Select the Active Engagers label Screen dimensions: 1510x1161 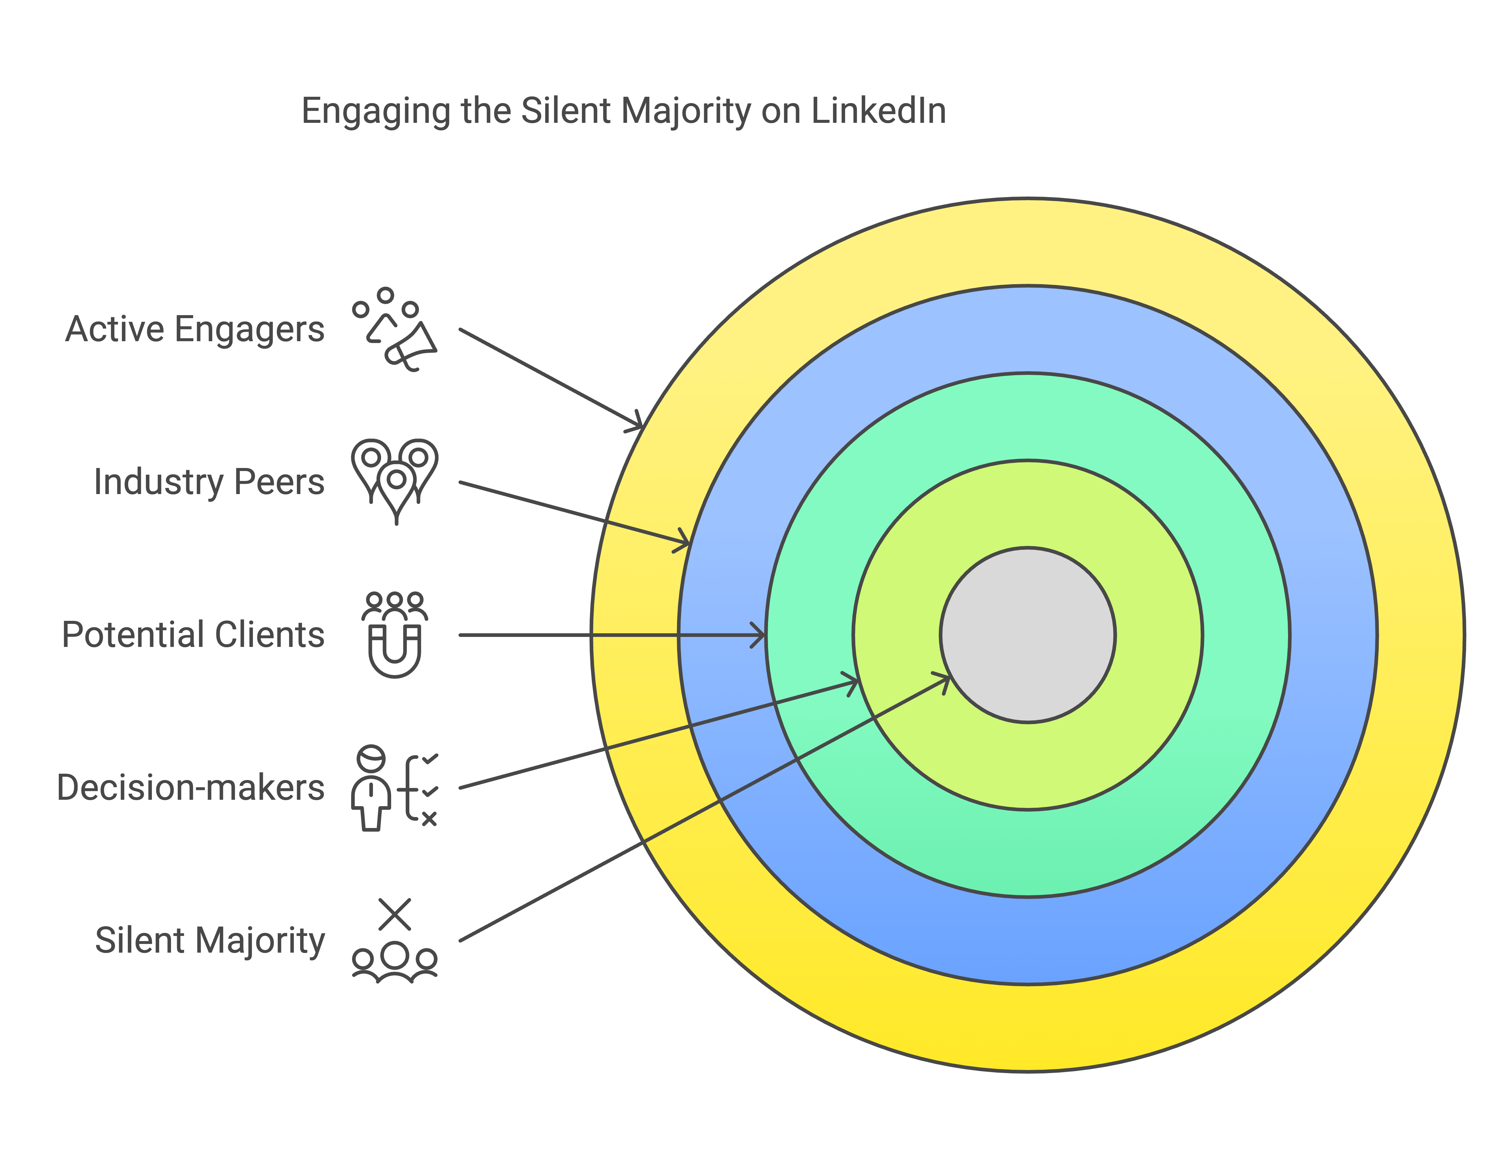195,330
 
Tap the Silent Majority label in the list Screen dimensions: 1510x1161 209,941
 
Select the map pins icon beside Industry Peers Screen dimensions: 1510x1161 394,482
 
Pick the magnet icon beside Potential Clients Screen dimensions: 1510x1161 394,634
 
